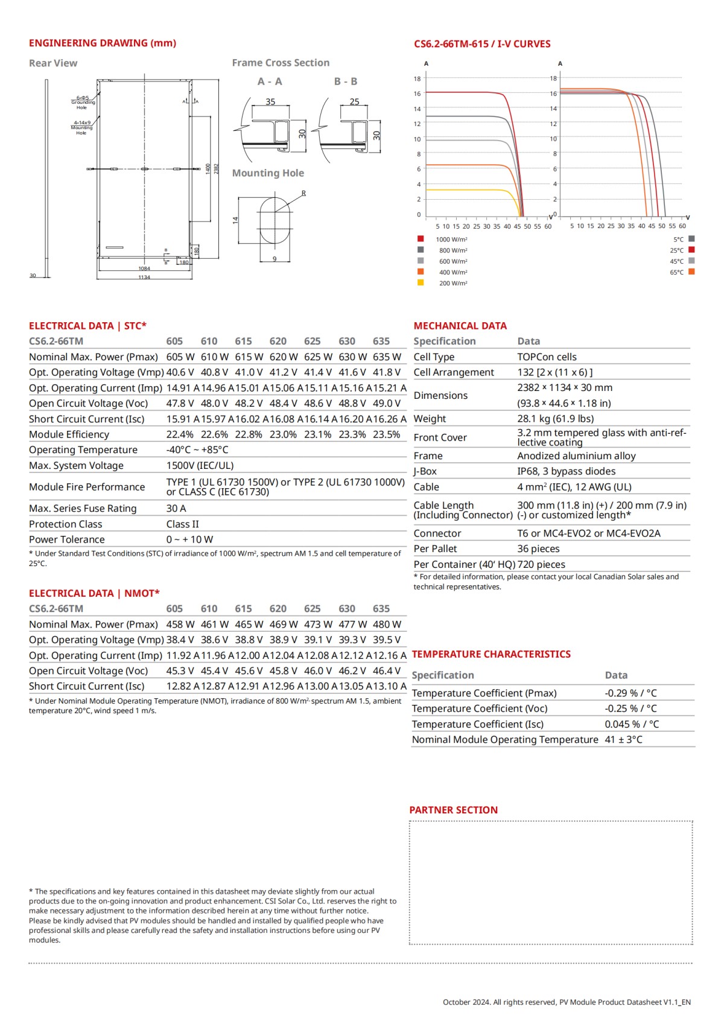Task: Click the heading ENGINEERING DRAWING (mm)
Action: (x=103, y=43)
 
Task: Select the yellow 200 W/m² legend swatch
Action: (x=421, y=282)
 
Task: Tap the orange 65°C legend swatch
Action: (x=691, y=272)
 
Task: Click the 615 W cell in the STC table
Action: (x=249, y=357)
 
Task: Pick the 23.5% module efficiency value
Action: (x=386, y=434)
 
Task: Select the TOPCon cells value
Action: (x=547, y=357)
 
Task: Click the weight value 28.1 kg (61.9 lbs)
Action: (x=555, y=419)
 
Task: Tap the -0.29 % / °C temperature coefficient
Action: (x=630, y=693)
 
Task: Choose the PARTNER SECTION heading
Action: (x=454, y=810)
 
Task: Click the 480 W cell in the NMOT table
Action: (x=387, y=625)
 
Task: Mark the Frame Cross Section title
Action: (x=281, y=63)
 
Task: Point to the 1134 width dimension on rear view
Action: (x=144, y=278)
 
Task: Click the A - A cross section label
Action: (x=270, y=81)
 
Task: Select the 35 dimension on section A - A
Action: (x=270, y=102)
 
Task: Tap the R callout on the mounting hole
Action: (x=303, y=194)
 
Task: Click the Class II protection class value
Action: (x=182, y=524)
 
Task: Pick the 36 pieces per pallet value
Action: (x=538, y=549)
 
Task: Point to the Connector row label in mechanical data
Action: (x=437, y=533)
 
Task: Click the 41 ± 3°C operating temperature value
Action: (x=623, y=740)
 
